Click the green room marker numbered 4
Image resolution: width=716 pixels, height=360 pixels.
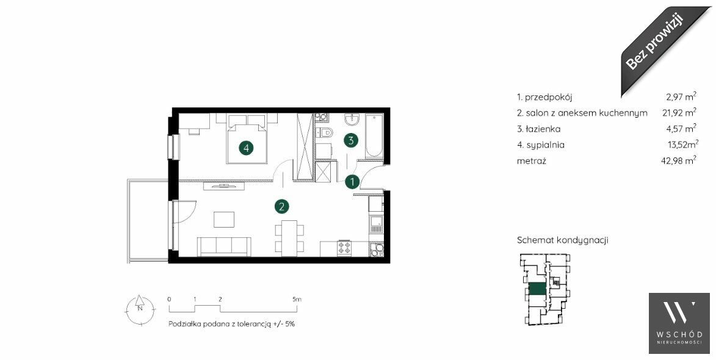246,148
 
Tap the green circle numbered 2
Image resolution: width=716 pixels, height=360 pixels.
282,207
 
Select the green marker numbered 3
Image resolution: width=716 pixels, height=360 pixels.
351,140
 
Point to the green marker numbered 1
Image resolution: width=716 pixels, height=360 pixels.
352,182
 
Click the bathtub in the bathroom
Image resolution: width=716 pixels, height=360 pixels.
374,137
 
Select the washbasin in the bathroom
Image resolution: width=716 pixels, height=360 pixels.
352,120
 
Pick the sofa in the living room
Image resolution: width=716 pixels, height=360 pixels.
224,247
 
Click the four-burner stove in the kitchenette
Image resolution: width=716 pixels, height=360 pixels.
344,248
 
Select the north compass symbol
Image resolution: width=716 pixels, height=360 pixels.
140,309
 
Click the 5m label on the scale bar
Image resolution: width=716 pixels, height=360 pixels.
297,300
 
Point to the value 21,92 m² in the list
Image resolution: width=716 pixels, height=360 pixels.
679,112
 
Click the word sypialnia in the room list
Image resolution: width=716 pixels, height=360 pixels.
545,145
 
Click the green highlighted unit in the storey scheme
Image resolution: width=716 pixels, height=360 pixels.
537,289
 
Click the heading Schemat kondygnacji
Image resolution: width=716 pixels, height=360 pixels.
562,240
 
